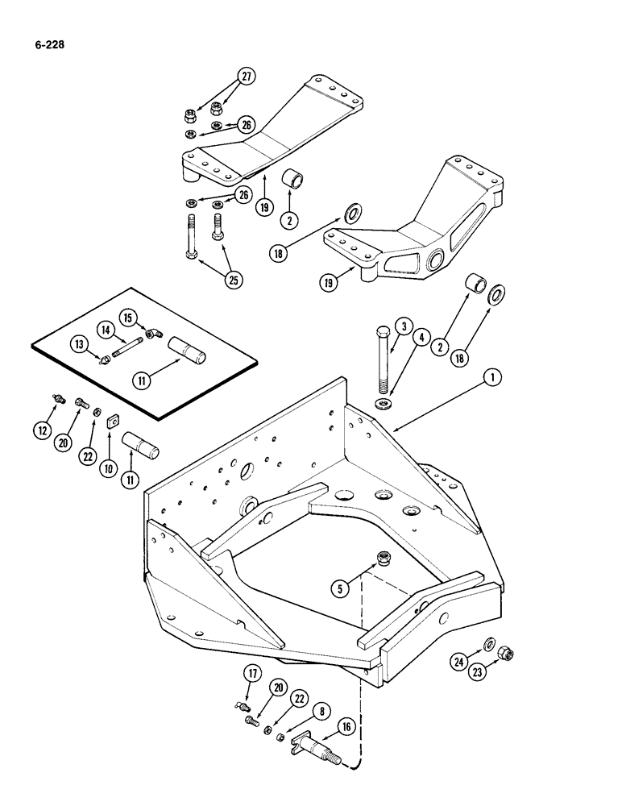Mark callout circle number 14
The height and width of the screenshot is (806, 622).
[x=106, y=329]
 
